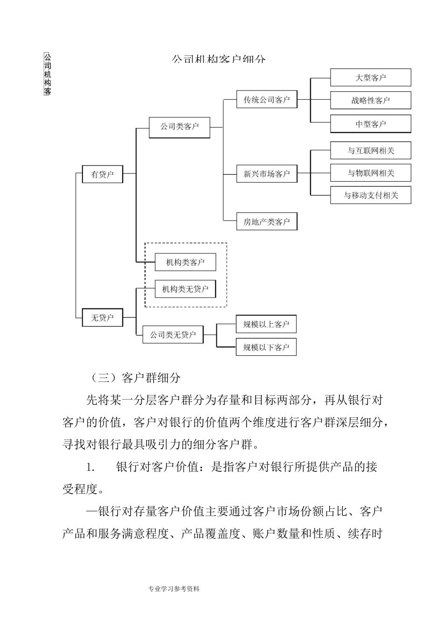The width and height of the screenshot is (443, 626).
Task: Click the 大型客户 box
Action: point(371,77)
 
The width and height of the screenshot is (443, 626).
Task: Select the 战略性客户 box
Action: point(371,100)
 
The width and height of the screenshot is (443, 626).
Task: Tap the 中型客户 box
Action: point(371,124)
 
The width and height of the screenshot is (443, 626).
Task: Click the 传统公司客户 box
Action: point(267,100)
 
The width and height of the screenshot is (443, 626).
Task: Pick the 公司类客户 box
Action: point(180,127)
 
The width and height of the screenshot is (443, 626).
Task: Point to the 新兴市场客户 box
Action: point(267,174)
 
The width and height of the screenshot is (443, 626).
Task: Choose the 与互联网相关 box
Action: point(371,150)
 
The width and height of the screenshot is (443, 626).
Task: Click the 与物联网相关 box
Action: point(371,173)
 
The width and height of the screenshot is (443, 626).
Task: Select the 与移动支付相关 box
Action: point(371,195)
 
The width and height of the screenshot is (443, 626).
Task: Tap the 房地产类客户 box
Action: point(267,222)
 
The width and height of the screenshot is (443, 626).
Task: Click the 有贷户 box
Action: point(103,174)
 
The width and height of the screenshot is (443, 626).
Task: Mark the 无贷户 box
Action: point(103,318)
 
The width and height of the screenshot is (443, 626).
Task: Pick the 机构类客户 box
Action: point(186,262)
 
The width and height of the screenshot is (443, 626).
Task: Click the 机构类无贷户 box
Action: point(186,289)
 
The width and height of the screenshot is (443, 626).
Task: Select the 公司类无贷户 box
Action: point(173,334)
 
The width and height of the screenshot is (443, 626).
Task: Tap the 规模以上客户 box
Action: point(266,324)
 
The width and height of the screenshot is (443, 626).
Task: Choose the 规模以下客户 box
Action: point(266,347)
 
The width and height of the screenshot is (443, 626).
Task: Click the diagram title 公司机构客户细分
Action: point(219,60)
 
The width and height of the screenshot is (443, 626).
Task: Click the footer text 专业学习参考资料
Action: point(174,589)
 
